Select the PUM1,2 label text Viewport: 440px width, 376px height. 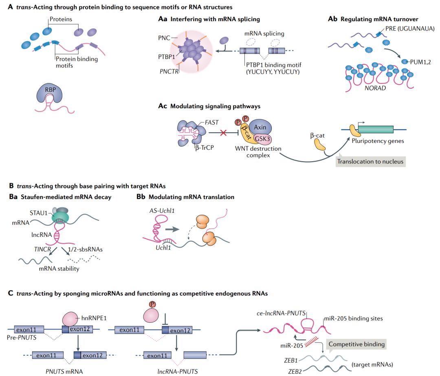tap(416, 61)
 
